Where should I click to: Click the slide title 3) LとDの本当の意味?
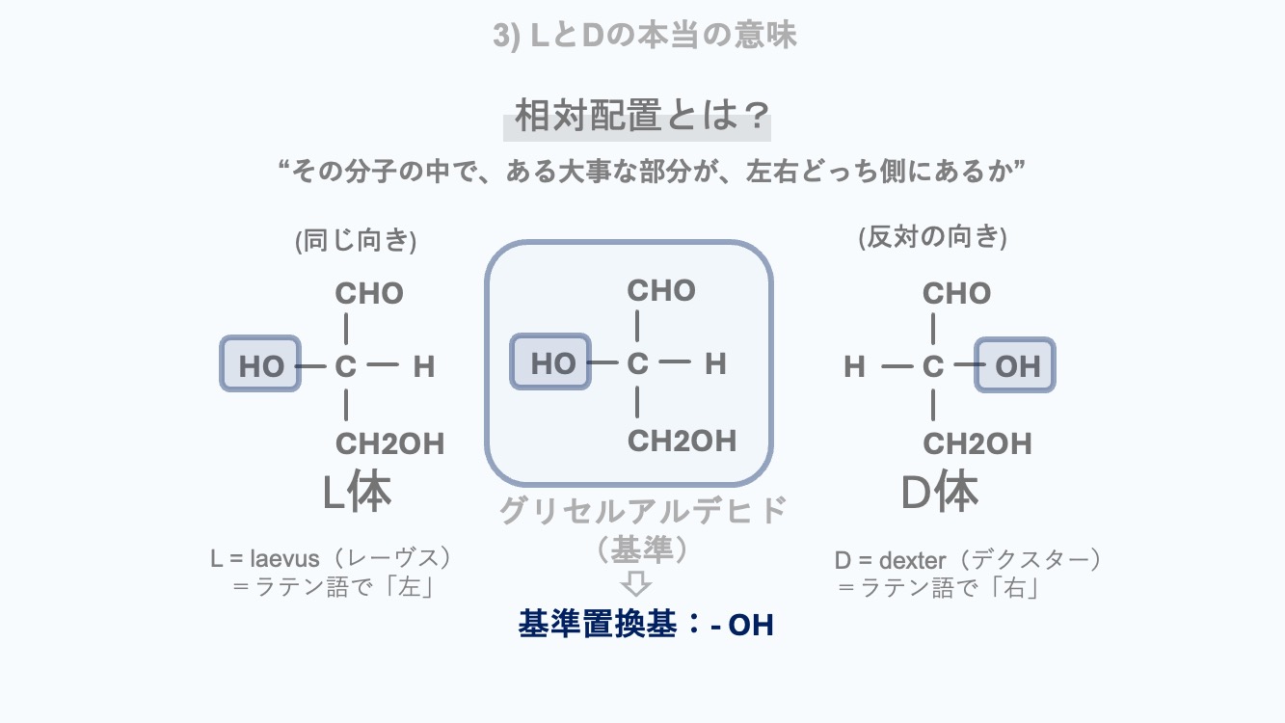coord(644,36)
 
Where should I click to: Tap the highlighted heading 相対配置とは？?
coord(637,118)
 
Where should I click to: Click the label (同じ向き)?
coord(356,240)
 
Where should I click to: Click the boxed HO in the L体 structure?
coord(261,364)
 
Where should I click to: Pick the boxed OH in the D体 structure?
coord(1016,365)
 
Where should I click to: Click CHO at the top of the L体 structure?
coord(369,293)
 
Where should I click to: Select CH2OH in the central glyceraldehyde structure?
coord(682,441)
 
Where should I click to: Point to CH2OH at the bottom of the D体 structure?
coord(977,443)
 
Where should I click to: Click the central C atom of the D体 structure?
coord(932,366)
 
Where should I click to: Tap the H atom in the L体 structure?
coord(423,366)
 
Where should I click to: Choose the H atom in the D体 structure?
coord(854,366)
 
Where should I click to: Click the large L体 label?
coord(357,493)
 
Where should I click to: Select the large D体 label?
coord(939,493)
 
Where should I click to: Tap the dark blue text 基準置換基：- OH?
coord(646,625)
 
